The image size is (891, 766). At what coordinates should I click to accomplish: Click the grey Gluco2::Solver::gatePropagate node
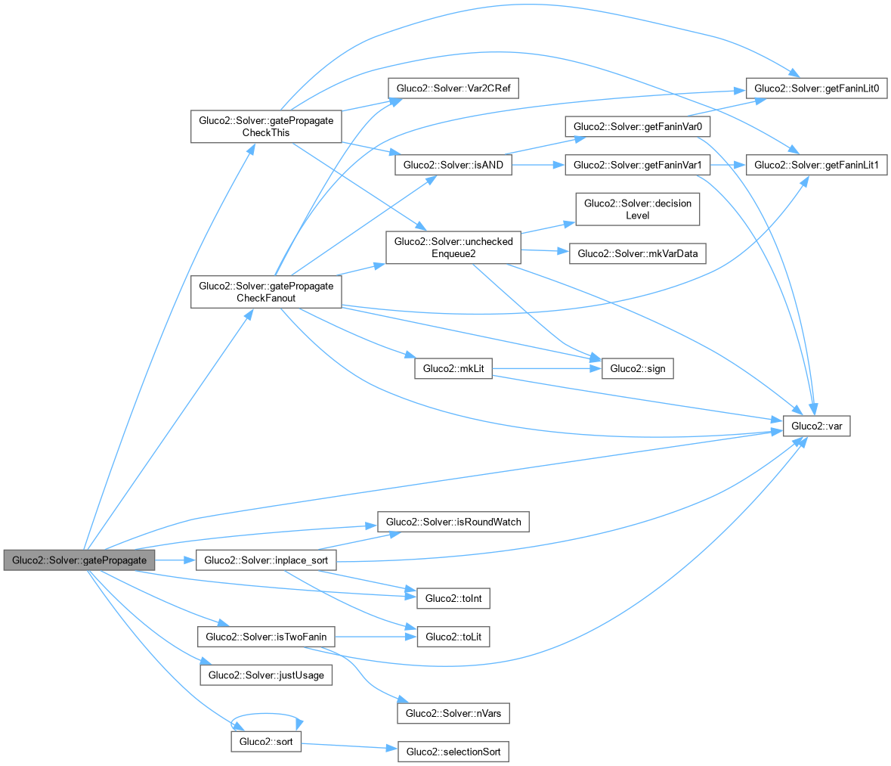[x=79, y=560]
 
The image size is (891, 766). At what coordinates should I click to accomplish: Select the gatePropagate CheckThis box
[x=265, y=126]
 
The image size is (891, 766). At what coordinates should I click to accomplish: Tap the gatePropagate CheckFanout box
[x=265, y=292]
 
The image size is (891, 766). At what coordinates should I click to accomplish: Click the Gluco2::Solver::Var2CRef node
[x=453, y=88]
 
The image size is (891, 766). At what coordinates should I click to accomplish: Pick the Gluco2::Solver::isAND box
[x=453, y=165]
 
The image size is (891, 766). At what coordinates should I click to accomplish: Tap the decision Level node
[x=637, y=209]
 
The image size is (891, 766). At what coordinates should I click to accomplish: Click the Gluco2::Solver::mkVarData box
[x=637, y=253]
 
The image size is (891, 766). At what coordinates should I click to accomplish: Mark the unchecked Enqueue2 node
[x=453, y=248]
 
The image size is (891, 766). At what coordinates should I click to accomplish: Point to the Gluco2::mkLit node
[x=453, y=369]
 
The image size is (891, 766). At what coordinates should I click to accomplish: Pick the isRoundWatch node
[x=453, y=522]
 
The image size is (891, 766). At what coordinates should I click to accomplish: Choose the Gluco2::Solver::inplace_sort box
[x=265, y=560]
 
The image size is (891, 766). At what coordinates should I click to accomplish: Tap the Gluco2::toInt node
[x=453, y=598]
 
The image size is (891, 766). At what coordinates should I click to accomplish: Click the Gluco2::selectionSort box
[x=453, y=752]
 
